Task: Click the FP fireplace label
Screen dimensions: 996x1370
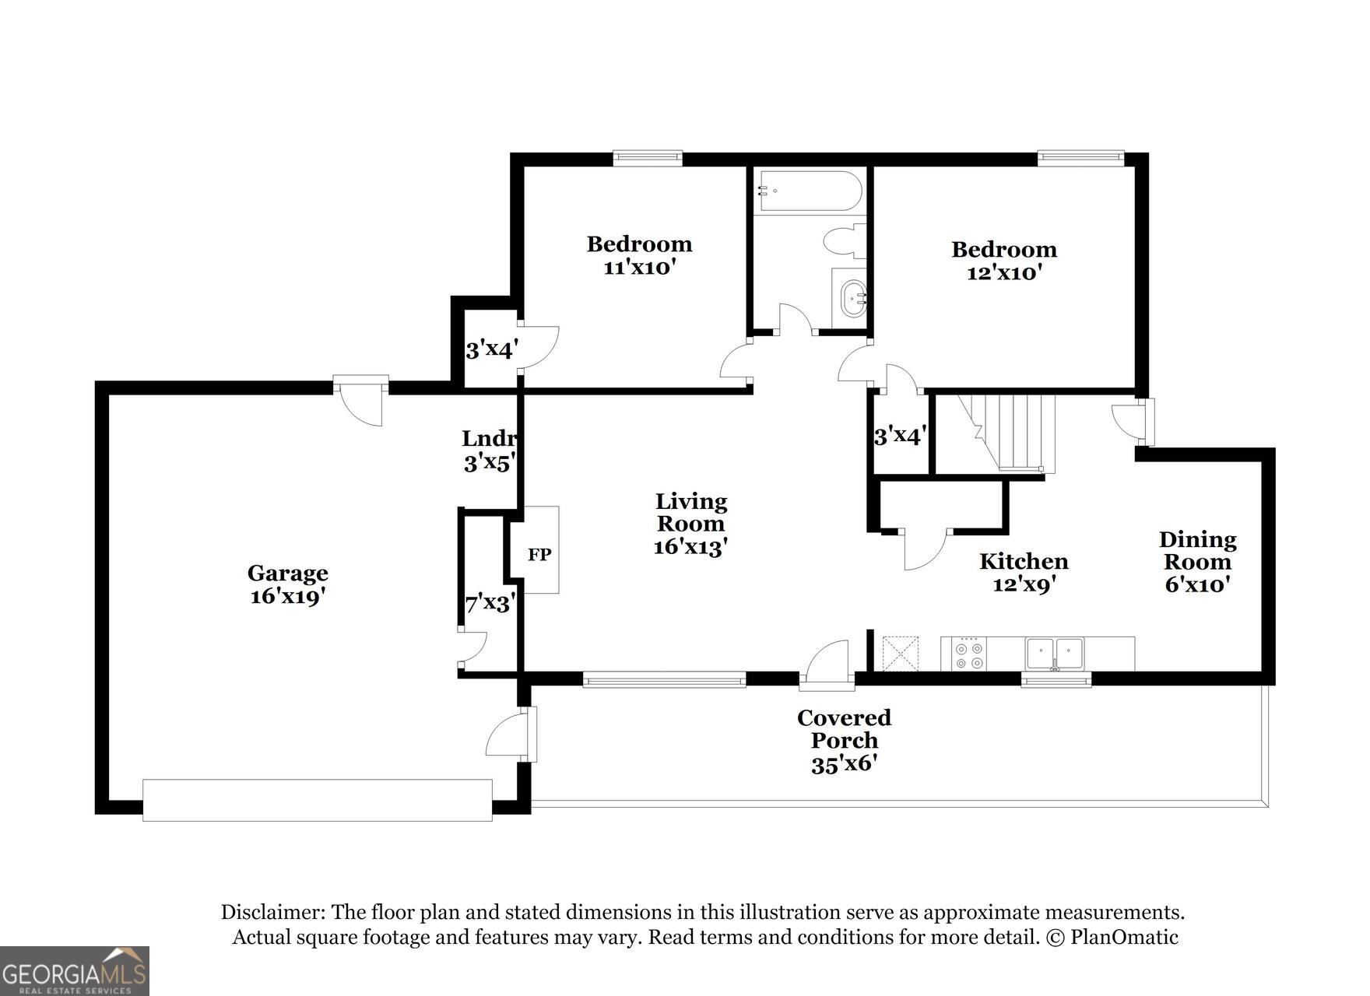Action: (x=539, y=554)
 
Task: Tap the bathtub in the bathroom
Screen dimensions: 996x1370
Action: (x=810, y=191)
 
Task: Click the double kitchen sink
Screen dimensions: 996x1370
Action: (x=1054, y=654)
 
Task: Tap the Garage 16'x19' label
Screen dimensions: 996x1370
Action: (x=287, y=585)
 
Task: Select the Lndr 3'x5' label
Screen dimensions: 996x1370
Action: (x=488, y=451)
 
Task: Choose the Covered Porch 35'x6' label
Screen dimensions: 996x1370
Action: (x=844, y=741)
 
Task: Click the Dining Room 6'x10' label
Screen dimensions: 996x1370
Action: (x=1197, y=562)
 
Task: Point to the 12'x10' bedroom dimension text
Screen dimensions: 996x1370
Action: (x=1004, y=273)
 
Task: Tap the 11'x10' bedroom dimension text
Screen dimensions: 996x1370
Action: (x=638, y=268)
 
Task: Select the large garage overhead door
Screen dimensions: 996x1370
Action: (x=318, y=800)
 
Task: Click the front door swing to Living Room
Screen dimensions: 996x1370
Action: (x=827, y=665)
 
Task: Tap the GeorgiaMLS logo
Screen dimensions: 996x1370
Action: (x=74, y=970)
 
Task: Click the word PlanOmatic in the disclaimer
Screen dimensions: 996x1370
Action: (x=1123, y=937)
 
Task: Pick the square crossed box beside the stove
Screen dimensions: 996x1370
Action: (x=900, y=654)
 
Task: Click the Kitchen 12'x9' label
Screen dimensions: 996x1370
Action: (x=1023, y=572)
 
